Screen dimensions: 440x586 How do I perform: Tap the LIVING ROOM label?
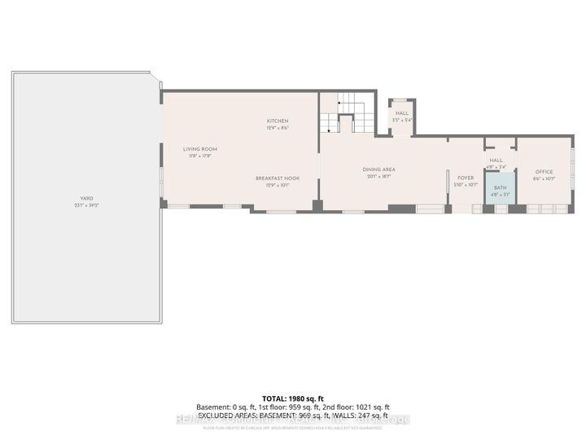tap(199, 149)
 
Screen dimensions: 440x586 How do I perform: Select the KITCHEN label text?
tap(278, 121)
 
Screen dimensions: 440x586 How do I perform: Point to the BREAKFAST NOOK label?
tap(278, 178)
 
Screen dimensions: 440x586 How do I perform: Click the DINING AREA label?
tap(378, 169)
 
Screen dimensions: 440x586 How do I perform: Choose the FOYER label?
tap(466, 178)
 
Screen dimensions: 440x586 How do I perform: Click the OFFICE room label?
tap(544, 172)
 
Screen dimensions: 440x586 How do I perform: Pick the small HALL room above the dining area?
tap(402, 117)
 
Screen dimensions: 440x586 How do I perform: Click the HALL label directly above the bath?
tap(496, 161)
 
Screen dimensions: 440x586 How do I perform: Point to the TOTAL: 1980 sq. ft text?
tap(293, 398)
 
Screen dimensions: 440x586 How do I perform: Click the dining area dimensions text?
tap(378, 176)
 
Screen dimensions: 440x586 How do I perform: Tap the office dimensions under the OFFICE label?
tap(544, 178)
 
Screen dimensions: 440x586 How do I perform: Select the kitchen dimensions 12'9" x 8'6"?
tap(278, 128)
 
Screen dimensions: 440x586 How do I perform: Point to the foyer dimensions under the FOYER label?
tap(466, 184)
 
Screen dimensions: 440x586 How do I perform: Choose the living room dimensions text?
tap(199, 156)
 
